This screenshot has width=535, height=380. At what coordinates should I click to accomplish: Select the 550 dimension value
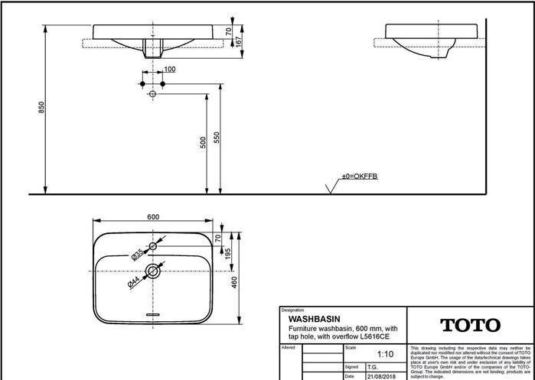coord(217,138)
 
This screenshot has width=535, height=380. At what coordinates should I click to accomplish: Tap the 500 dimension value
coord(203,143)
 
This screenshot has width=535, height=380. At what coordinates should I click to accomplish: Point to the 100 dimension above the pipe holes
coord(169,70)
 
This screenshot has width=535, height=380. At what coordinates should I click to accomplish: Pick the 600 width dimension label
coord(153,217)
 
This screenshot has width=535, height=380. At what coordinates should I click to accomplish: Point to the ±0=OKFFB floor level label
coord(359,177)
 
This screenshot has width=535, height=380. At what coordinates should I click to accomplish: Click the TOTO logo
coord(470,325)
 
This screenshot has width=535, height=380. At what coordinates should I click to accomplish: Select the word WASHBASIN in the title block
coord(314,318)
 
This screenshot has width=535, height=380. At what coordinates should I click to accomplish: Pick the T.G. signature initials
coord(372,367)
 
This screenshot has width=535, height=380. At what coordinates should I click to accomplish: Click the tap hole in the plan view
coord(153,246)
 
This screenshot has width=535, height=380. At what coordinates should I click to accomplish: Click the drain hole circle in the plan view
coord(153,270)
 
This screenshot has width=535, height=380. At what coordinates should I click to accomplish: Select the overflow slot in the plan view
coord(153,314)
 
